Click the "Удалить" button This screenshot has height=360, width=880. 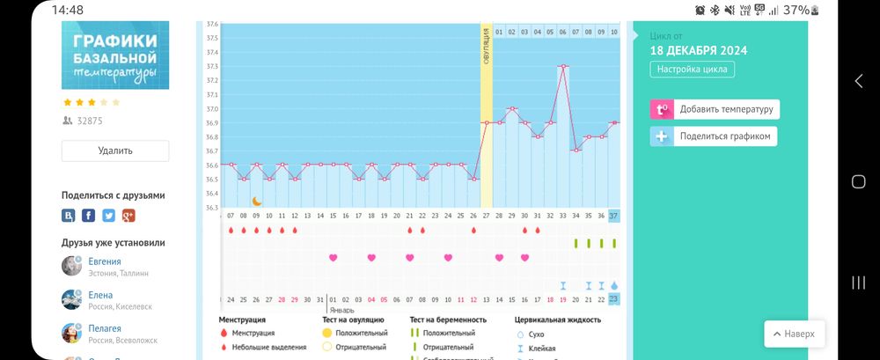pos(115,151)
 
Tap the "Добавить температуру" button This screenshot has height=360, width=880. pos(715,109)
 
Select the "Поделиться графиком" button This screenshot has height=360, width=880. pos(714,136)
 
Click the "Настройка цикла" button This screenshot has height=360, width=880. pos(693,70)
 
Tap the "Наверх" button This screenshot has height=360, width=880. pos(795,334)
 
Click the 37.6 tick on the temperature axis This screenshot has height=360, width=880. pos(212,25)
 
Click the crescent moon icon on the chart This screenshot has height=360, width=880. pos(257,201)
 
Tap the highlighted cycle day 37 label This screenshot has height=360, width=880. pos(613,216)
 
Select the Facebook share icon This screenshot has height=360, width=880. pos(89,216)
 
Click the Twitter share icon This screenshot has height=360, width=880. pos(108,216)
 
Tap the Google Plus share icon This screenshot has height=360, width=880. pos(128,216)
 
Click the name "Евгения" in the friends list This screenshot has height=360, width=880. pos(105,261)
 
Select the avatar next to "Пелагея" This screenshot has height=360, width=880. pos(72,334)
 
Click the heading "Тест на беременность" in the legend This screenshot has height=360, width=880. pos(448,320)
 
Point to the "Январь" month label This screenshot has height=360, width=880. pos(341,310)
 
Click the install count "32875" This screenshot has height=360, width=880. pos(90,121)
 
